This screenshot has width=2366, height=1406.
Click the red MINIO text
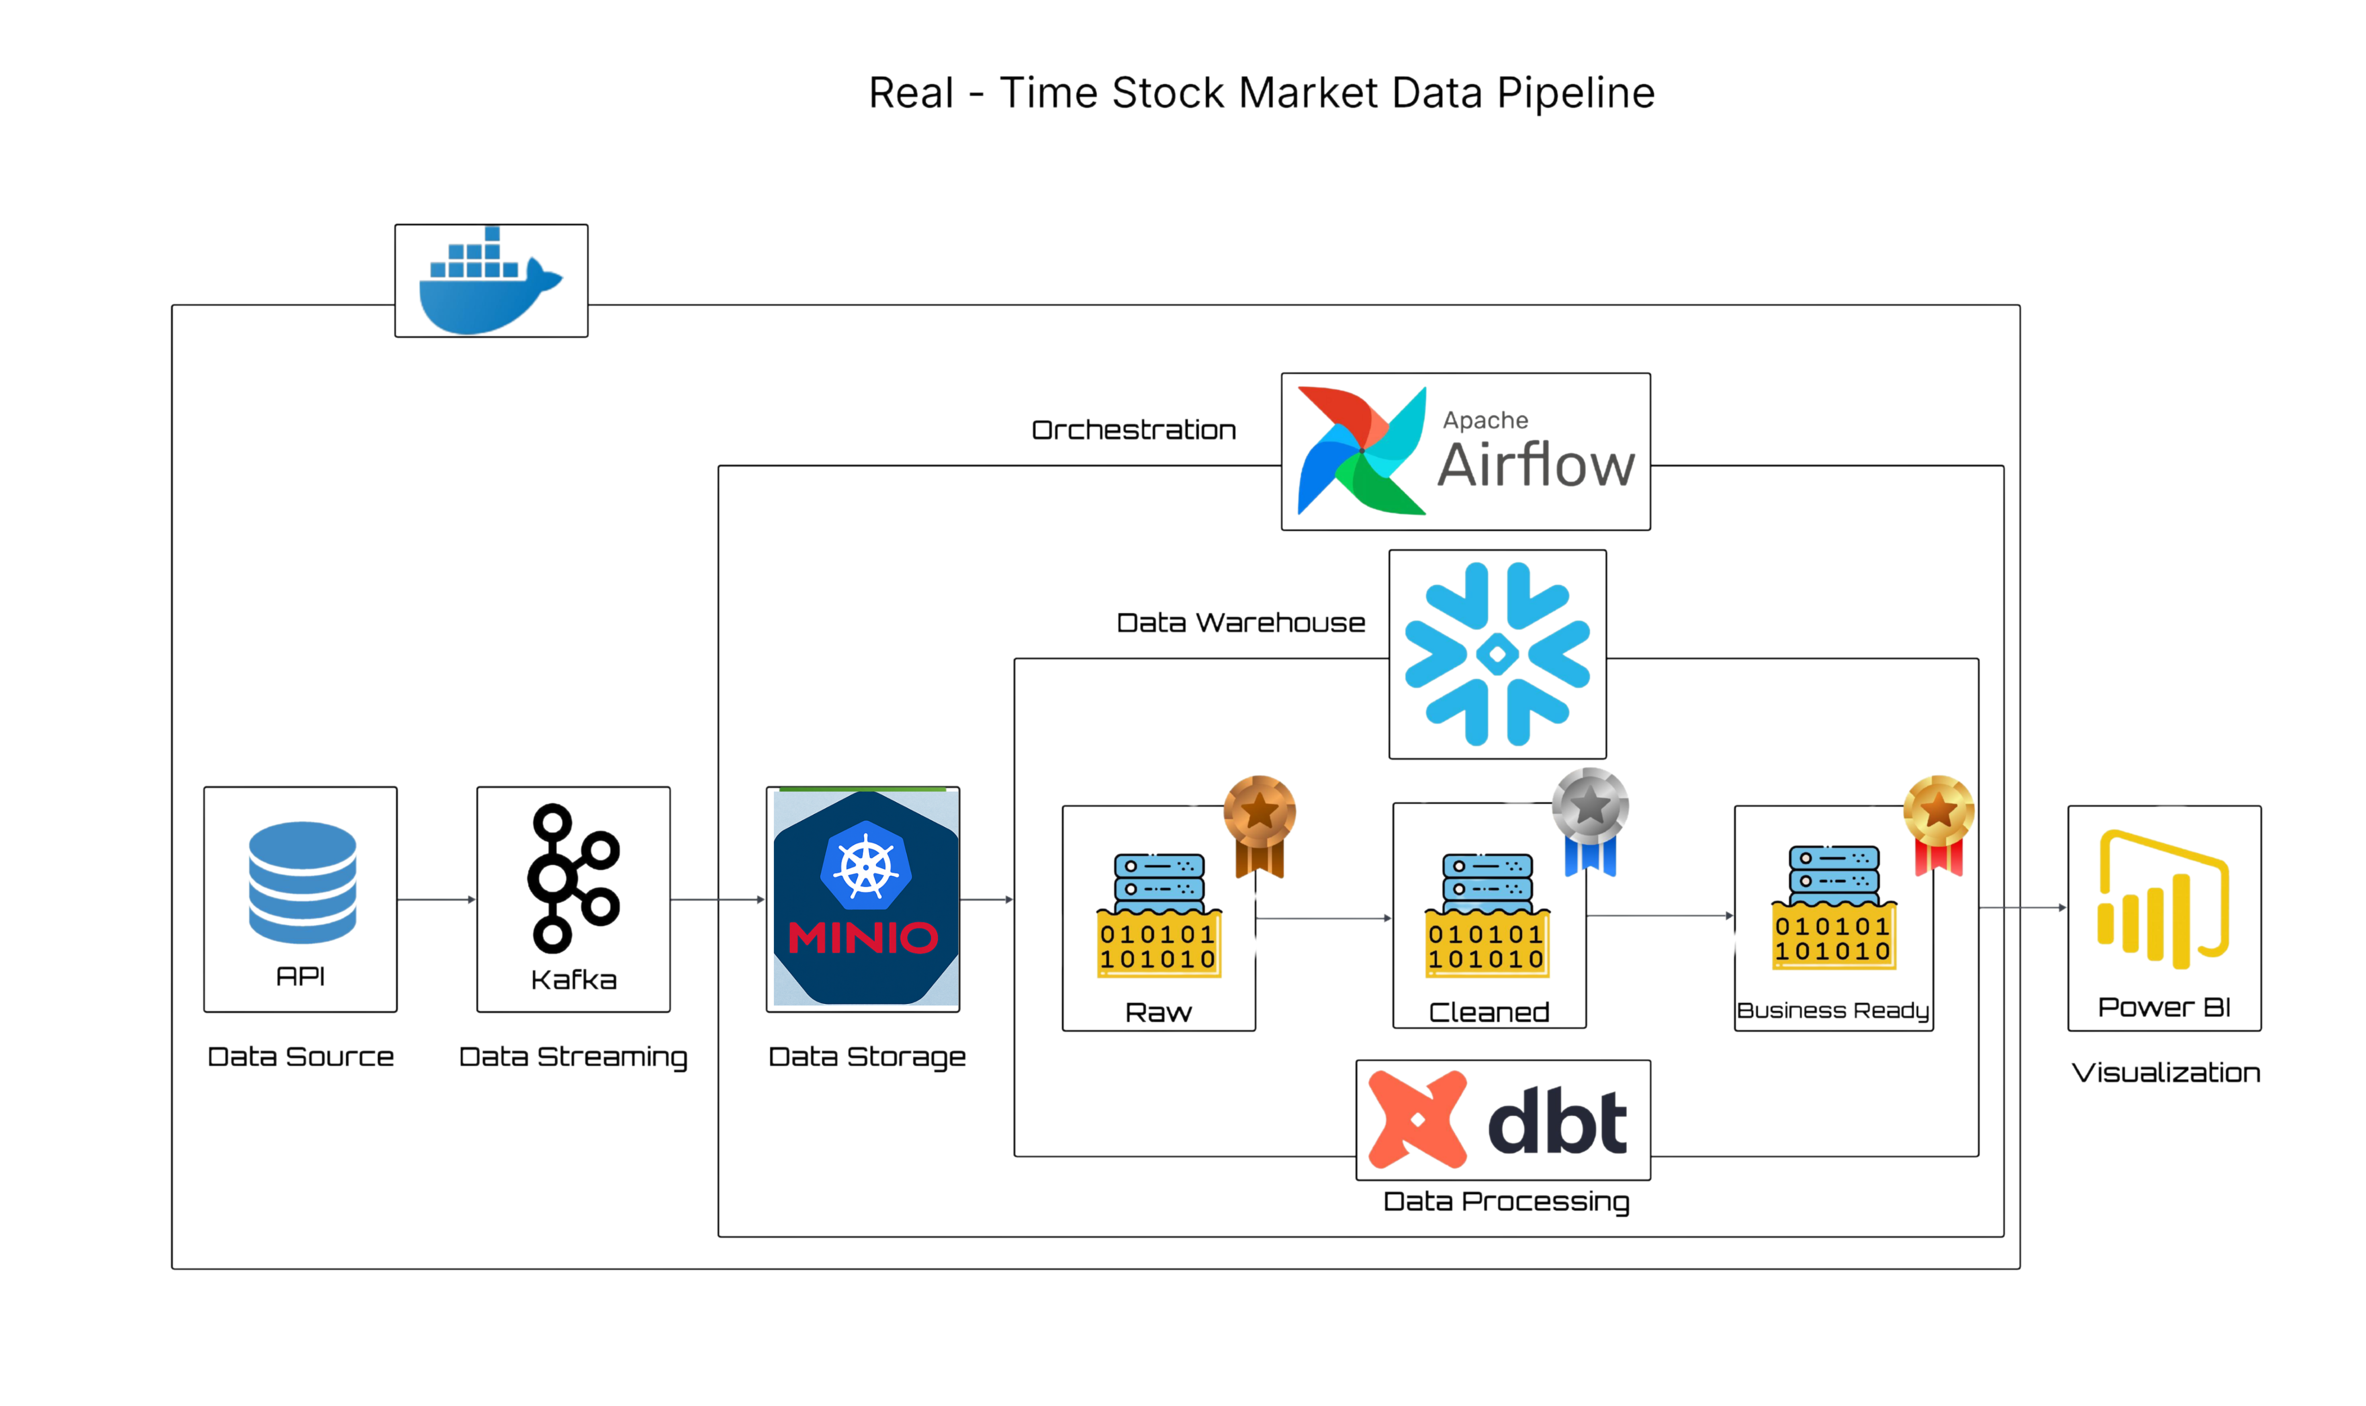coord(862,938)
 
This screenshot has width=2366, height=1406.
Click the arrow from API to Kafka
coord(436,899)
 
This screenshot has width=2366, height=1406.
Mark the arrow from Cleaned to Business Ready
coord(1658,915)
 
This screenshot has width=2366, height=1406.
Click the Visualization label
coord(2165,1073)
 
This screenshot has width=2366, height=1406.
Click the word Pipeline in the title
coord(1575,93)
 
